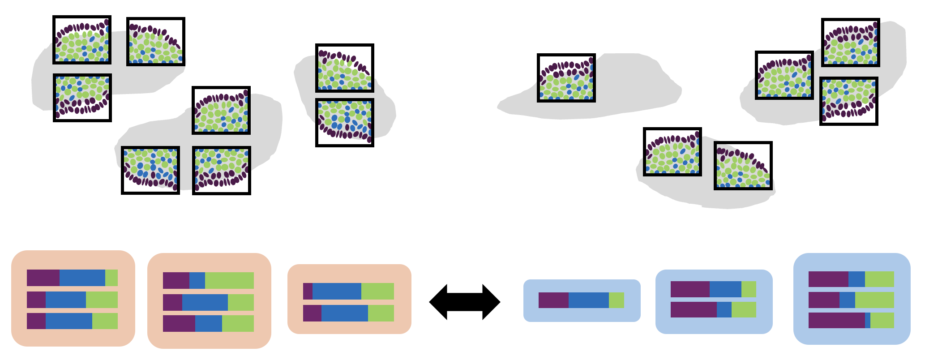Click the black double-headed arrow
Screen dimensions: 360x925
(x=464, y=302)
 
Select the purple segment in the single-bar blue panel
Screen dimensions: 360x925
(x=553, y=300)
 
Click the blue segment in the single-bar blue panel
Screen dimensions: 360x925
(x=588, y=300)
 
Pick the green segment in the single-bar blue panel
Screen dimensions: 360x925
(x=616, y=300)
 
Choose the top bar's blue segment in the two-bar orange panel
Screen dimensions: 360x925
(x=337, y=291)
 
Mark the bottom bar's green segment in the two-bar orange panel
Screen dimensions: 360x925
(x=381, y=313)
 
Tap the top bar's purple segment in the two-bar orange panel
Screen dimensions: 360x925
(x=308, y=291)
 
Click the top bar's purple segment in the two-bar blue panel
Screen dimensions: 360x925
(x=690, y=289)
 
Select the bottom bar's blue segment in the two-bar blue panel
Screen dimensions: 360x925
(x=724, y=309)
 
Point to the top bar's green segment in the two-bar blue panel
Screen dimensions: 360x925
(x=749, y=289)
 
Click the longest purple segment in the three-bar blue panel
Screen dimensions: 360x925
(x=836, y=320)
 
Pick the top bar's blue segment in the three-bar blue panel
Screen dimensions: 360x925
(x=856, y=279)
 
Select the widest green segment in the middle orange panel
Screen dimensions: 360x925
(x=229, y=280)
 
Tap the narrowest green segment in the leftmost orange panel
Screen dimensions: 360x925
(x=111, y=278)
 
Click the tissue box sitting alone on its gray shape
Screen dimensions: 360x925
(x=566, y=78)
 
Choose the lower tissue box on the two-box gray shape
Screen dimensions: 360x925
(x=344, y=123)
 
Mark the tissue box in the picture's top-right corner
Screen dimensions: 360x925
(x=850, y=43)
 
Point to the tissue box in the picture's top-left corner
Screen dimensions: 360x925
(x=82, y=40)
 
